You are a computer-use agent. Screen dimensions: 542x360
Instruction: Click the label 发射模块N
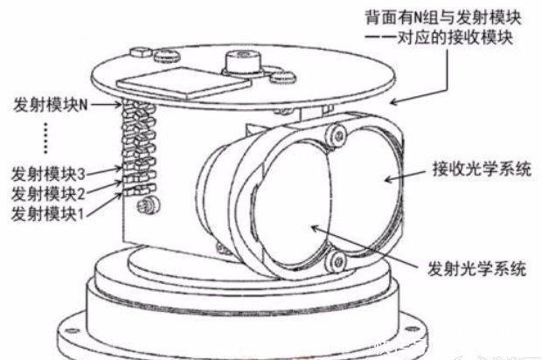[x=51, y=104]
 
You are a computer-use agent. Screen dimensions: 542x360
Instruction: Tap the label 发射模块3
[x=48, y=174]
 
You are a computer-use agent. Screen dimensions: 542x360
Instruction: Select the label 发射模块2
[x=48, y=193]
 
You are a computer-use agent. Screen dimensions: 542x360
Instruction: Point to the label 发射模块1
[x=47, y=214]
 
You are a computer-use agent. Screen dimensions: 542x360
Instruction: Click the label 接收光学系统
[x=482, y=170]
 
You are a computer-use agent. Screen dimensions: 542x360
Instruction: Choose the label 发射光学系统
[x=477, y=268]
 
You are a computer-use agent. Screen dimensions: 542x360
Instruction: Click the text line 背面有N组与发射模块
[x=443, y=17]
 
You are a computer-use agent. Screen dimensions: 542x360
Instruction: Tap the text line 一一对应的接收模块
[x=439, y=38]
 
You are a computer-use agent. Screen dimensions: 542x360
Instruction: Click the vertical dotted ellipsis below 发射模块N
[x=46, y=138]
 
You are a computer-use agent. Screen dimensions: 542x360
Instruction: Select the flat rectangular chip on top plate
[x=184, y=83]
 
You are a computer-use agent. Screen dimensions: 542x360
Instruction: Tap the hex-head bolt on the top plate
[x=141, y=52]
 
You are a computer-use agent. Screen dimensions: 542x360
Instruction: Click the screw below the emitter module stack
[x=148, y=205]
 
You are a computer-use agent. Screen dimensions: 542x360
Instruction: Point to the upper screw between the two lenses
[x=337, y=135]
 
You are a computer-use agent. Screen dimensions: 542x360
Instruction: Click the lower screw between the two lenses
[x=336, y=261]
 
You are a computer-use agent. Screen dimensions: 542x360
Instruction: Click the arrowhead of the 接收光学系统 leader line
[x=389, y=179]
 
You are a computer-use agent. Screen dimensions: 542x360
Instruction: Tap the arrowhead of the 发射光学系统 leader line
[x=316, y=228]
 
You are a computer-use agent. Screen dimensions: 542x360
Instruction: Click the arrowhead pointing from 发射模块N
[x=119, y=104]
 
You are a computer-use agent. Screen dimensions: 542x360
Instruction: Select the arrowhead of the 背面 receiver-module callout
[x=395, y=101]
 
